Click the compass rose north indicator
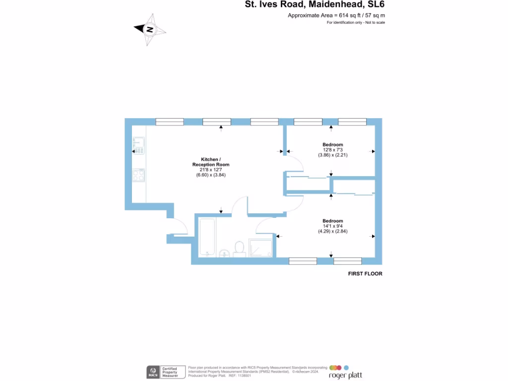pos(149,30)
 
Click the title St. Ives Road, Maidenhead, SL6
pos(315,5)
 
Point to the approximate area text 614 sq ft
pos(336,15)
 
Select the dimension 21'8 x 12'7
pos(211,170)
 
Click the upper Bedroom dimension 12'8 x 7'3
pos(332,150)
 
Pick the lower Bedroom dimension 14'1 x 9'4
pos(332,226)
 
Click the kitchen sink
pos(138,144)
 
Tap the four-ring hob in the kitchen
pos(138,175)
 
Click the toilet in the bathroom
pos(239,248)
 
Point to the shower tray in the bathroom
pos(260,247)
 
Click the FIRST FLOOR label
pos(365,274)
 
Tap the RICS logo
pos(153,372)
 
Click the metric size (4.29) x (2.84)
pos(332,231)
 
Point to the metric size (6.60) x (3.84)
pos(211,175)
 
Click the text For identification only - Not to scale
pos(356,23)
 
